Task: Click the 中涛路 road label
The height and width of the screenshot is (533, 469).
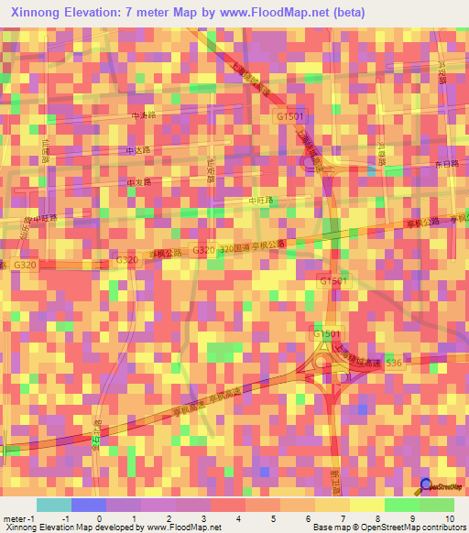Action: tap(144, 116)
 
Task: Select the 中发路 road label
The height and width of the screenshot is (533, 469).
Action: tap(138, 182)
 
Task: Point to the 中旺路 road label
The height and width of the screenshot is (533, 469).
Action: tap(262, 200)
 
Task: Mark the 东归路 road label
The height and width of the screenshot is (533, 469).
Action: tap(447, 162)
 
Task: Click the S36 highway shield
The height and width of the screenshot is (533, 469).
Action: tap(394, 363)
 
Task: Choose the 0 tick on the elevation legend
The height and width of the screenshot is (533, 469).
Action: tap(99, 517)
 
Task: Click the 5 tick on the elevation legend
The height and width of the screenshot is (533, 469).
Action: tap(274, 517)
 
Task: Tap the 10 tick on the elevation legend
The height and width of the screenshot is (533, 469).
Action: tap(449, 517)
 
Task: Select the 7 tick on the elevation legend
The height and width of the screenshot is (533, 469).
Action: tap(344, 517)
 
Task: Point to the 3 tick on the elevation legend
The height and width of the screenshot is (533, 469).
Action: tap(204, 517)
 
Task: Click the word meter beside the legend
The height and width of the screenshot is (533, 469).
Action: tap(16, 517)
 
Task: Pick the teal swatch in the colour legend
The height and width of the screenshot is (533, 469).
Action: tap(53, 505)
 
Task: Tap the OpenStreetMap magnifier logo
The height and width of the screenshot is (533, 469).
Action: tap(426, 487)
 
